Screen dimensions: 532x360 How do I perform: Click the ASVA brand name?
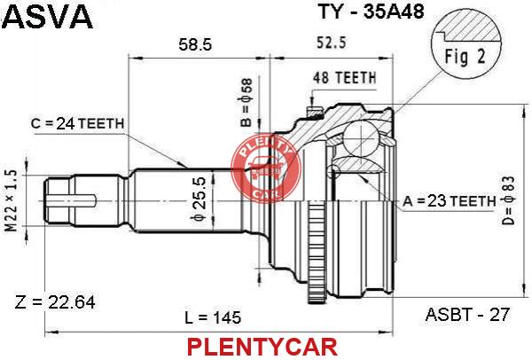pos(49,16)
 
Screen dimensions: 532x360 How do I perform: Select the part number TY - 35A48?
pos(372,12)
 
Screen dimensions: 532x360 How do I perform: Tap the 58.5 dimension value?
pos(195,44)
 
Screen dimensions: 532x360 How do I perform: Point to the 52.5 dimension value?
pos(332,43)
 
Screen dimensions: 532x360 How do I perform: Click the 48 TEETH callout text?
pos(345,78)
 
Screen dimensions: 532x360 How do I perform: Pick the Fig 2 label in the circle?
pos(465,57)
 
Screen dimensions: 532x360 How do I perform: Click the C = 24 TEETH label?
pos(77,124)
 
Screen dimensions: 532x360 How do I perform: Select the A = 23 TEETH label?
pos(450,201)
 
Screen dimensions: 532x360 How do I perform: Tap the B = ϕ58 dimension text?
pos(246,103)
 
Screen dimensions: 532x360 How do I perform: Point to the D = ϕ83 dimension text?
pos(509,201)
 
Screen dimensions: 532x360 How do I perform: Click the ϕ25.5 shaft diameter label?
pos(198,200)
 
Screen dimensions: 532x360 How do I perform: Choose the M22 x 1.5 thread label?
pos(12,201)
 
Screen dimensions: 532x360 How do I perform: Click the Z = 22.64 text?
pos(55,302)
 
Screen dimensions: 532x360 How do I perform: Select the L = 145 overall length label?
pos(213,318)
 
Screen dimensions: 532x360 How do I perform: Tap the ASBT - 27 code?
pos(467,315)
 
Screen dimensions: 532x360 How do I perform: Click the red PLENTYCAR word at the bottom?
pos(262,347)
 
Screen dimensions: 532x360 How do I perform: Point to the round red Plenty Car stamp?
pos(266,168)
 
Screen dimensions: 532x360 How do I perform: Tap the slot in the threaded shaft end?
pos(72,200)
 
